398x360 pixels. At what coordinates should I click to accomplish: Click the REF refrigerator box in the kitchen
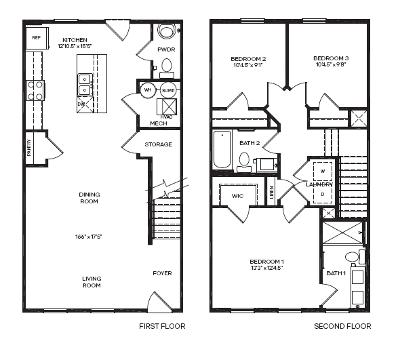[37, 38]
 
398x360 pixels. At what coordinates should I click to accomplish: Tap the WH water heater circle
[148, 90]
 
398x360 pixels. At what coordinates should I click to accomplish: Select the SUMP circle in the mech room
[168, 90]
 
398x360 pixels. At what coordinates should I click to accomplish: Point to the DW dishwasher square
[85, 104]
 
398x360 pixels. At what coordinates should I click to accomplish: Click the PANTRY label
[29, 148]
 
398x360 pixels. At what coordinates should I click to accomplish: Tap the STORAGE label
[159, 144]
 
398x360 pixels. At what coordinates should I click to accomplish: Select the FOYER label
[163, 273]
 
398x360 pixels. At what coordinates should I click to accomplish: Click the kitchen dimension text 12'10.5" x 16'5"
[75, 46]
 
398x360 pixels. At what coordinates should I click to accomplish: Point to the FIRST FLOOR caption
[162, 326]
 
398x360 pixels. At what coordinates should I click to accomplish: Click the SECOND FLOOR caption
[342, 326]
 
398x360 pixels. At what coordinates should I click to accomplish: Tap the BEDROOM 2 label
[248, 59]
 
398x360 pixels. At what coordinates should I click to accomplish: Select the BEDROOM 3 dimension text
[331, 64]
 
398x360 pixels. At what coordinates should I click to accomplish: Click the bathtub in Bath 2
[222, 149]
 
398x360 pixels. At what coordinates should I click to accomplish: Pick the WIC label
[237, 196]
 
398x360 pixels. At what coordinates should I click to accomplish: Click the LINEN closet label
[272, 193]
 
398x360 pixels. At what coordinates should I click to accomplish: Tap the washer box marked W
[323, 172]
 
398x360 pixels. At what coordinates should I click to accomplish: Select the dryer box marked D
[323, 194]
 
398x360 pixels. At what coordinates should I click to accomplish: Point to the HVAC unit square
[167, 107]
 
